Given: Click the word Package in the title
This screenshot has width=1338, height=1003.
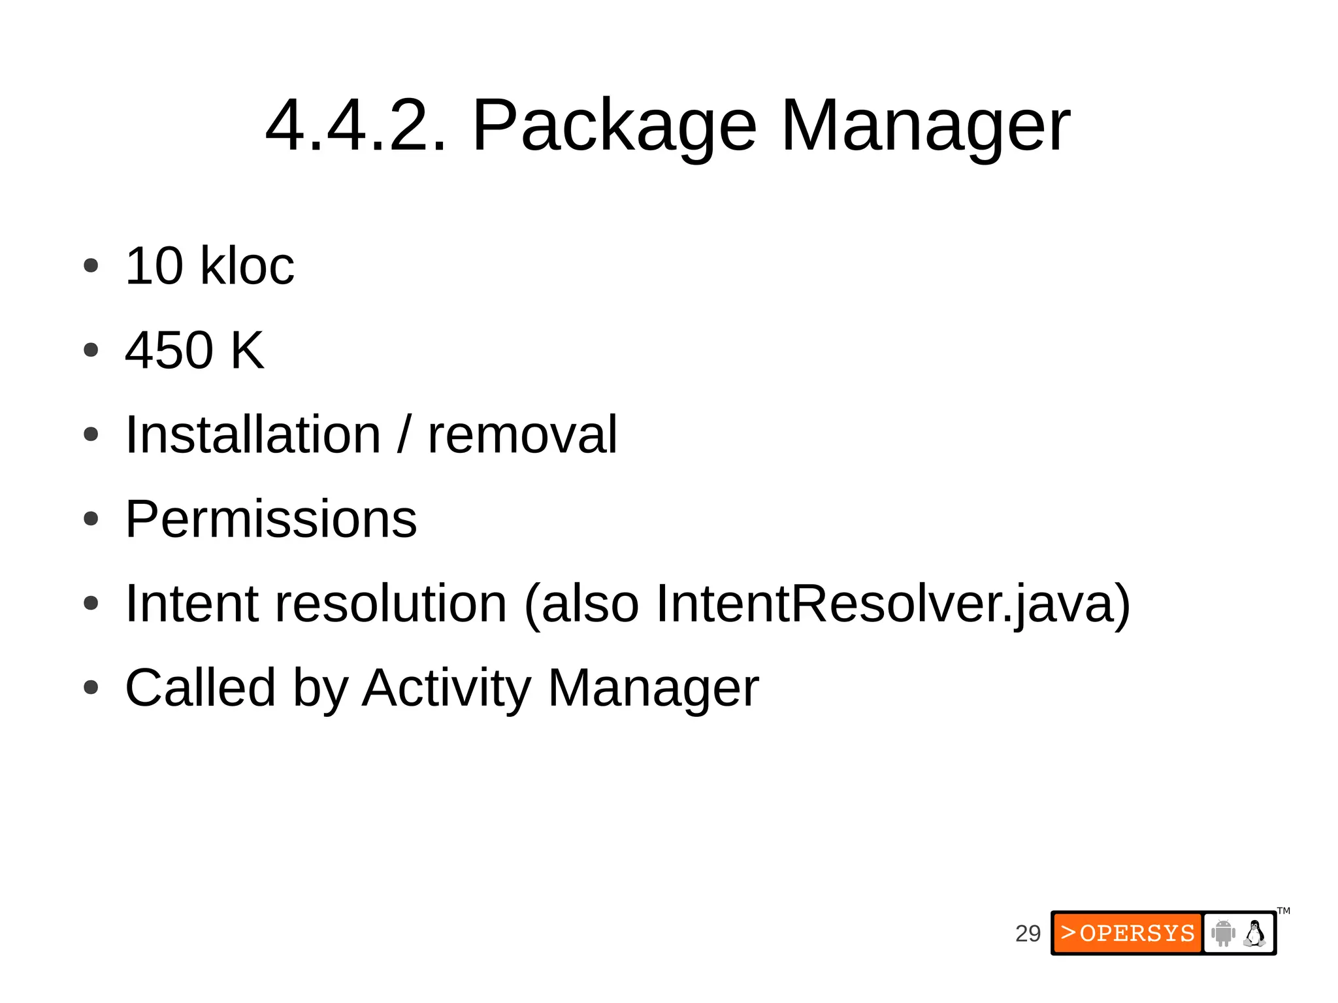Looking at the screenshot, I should pyautogui.click(x=614, y=125).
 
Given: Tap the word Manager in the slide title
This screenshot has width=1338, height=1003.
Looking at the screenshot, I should pyautogui.click(x=925, y=125).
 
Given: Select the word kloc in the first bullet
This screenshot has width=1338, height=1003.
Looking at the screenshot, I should pyautogui.click(x=247, y=266).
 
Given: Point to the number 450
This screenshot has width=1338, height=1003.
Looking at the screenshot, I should pyautogui.click(x=169, y=350).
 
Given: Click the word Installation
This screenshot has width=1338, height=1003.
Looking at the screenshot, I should pyautogui.click(x=253, y=435).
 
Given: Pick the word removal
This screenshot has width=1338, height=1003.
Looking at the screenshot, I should pyautogui.click(x=522, y=435).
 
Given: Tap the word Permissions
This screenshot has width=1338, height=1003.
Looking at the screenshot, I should pyautogui.click(x=270, y=519).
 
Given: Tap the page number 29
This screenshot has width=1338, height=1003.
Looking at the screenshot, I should pyautogui.click(x=1028, y=933).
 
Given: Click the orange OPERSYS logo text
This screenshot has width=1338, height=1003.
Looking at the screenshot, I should pyautogui.click(x=1128, y=933).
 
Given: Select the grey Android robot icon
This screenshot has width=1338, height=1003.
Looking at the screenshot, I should pyautogui.click(x=1223, y=933).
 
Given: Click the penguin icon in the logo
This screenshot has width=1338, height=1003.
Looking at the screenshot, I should pyautogui.click(x=1254, y=933).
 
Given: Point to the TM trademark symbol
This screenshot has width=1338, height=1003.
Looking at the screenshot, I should pyautogui.click(x=1284, y=911).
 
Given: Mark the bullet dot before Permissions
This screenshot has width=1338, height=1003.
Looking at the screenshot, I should pyautogui.click(x=91, y=519).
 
